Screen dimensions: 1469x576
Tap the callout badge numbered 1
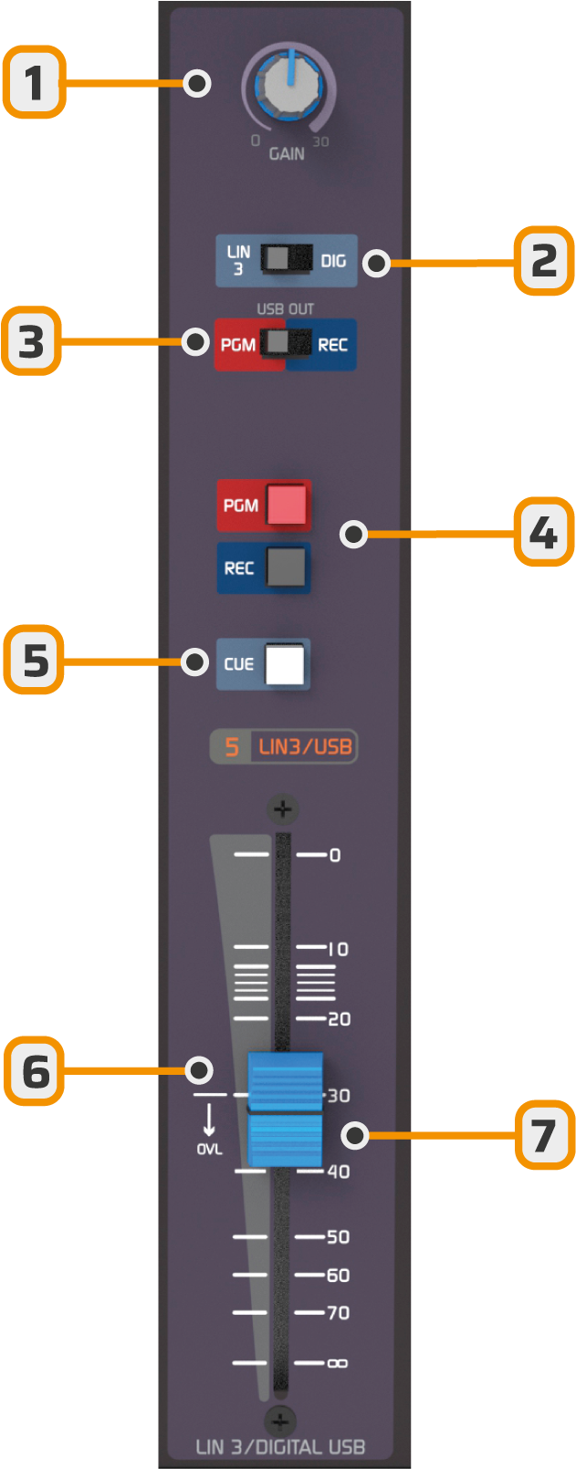[x=34, y=84]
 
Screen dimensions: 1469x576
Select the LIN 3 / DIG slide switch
[x=286, y=259]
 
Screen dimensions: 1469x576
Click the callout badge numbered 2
[x=543, y=262]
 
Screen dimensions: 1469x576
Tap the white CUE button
[x=285, y=664]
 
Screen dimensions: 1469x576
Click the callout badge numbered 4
[x=543, y=532]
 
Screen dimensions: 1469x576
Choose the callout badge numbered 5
[x=34, y=659]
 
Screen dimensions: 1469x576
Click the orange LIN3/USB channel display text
[x=305, y=747]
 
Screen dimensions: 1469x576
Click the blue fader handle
[x=286, y=1110]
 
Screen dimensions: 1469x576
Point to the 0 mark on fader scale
[x=335, y=855]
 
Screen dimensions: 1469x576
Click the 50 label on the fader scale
[x=338, y=1237]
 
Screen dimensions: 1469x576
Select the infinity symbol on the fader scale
[x=337, y=1363]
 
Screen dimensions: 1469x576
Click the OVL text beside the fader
[x=209, y=1150]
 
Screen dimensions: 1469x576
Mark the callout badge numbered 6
[x=34, y=1070]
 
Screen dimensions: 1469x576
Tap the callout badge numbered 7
[x=544, y=1134]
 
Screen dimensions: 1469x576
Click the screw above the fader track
[x=282, y=809]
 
